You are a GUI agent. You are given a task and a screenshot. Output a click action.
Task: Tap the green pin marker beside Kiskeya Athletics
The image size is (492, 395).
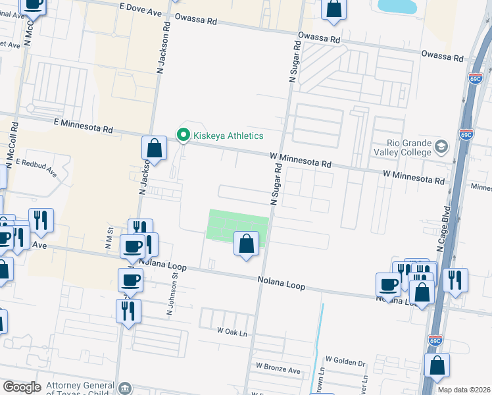point(184,136)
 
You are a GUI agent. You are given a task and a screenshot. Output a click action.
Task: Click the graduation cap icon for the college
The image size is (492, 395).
point(442,147)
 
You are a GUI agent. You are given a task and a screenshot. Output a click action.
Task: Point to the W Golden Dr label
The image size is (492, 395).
point(345,361)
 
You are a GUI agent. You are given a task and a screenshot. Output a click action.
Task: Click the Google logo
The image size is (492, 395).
point(22,387)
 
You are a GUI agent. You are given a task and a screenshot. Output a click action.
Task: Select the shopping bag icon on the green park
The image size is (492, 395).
point(245,244)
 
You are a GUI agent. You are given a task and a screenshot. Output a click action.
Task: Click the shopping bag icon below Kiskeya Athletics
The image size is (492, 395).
point(154,148)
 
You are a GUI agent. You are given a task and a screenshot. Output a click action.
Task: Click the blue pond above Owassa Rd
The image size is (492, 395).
point(399,6)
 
